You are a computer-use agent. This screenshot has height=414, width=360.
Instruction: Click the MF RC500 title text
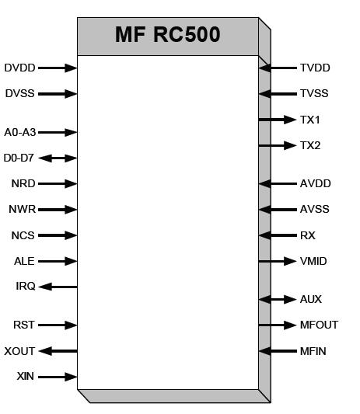point(167,35)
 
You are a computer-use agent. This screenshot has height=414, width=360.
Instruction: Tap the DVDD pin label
point(19,68)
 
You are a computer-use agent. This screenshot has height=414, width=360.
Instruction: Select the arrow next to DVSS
point(58,94)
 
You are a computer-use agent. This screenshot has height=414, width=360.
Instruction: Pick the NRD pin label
point(23,184)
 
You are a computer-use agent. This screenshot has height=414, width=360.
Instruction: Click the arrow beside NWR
point(58,209)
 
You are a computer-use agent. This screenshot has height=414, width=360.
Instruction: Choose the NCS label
point(23,235)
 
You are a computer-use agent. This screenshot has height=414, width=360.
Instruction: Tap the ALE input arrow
point(58,261)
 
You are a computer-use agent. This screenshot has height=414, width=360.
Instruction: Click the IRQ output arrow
point(58,287)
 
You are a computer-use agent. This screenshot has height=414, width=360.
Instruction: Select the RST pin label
point(25,325)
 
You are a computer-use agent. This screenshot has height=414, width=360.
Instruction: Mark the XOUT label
point(19,351)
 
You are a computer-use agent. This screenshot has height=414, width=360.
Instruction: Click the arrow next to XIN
point(58,377)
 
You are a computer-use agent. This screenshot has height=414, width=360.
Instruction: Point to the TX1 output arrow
point(278,120)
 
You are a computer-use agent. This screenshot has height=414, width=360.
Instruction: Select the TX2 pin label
point(310,145)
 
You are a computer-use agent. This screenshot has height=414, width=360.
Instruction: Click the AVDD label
point(315,184)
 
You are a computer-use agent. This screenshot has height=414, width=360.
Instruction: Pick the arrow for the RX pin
point(278,235)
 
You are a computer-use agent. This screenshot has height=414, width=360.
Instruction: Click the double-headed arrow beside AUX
point(278,299)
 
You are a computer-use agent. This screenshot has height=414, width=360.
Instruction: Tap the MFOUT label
point(319,325)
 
